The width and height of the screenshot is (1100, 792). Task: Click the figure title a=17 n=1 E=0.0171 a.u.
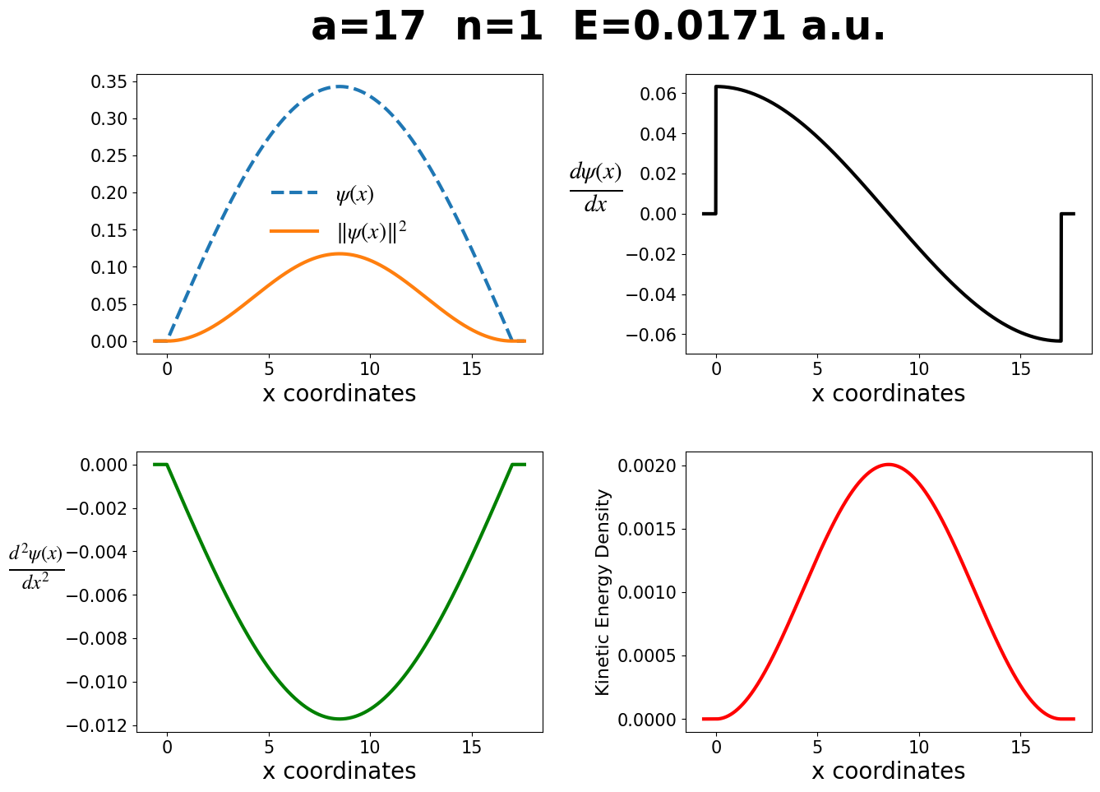pos(598,27)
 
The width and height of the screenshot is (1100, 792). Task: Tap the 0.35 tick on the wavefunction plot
pos(109,81)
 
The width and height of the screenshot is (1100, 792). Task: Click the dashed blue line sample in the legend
pos(293,193)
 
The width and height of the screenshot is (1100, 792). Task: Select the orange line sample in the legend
pos(293,232)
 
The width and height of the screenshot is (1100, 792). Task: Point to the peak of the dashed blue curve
pos(340,86)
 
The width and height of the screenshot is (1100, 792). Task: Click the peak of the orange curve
pos(340,253)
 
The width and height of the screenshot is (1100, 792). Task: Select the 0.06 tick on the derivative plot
pos(658,94)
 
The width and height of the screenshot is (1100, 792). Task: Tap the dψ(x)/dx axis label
pos(595,188)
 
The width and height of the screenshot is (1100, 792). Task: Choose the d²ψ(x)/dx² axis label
pos(36,567)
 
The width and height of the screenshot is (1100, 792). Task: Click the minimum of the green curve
pos(340,719)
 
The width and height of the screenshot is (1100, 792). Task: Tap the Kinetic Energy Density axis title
pos(603,592)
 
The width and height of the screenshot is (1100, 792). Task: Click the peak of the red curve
pos(888,465)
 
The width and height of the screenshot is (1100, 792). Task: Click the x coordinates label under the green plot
pos(339,771)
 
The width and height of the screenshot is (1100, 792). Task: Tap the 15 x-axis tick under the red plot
pos(1020,747)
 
